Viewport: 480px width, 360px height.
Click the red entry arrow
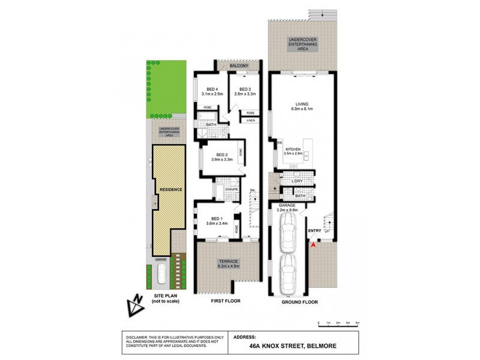[x=313, y=242]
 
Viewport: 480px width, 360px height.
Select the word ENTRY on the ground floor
[x=314, y=230]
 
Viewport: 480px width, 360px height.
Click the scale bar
[x=338, y=324]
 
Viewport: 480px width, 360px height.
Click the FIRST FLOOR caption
[x=227, y=302]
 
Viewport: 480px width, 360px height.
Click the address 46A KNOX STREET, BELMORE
[x=292, y=346]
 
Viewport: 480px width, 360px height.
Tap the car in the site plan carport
[x=161, y=275]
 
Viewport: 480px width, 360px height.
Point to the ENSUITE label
[x=232, y=190]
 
